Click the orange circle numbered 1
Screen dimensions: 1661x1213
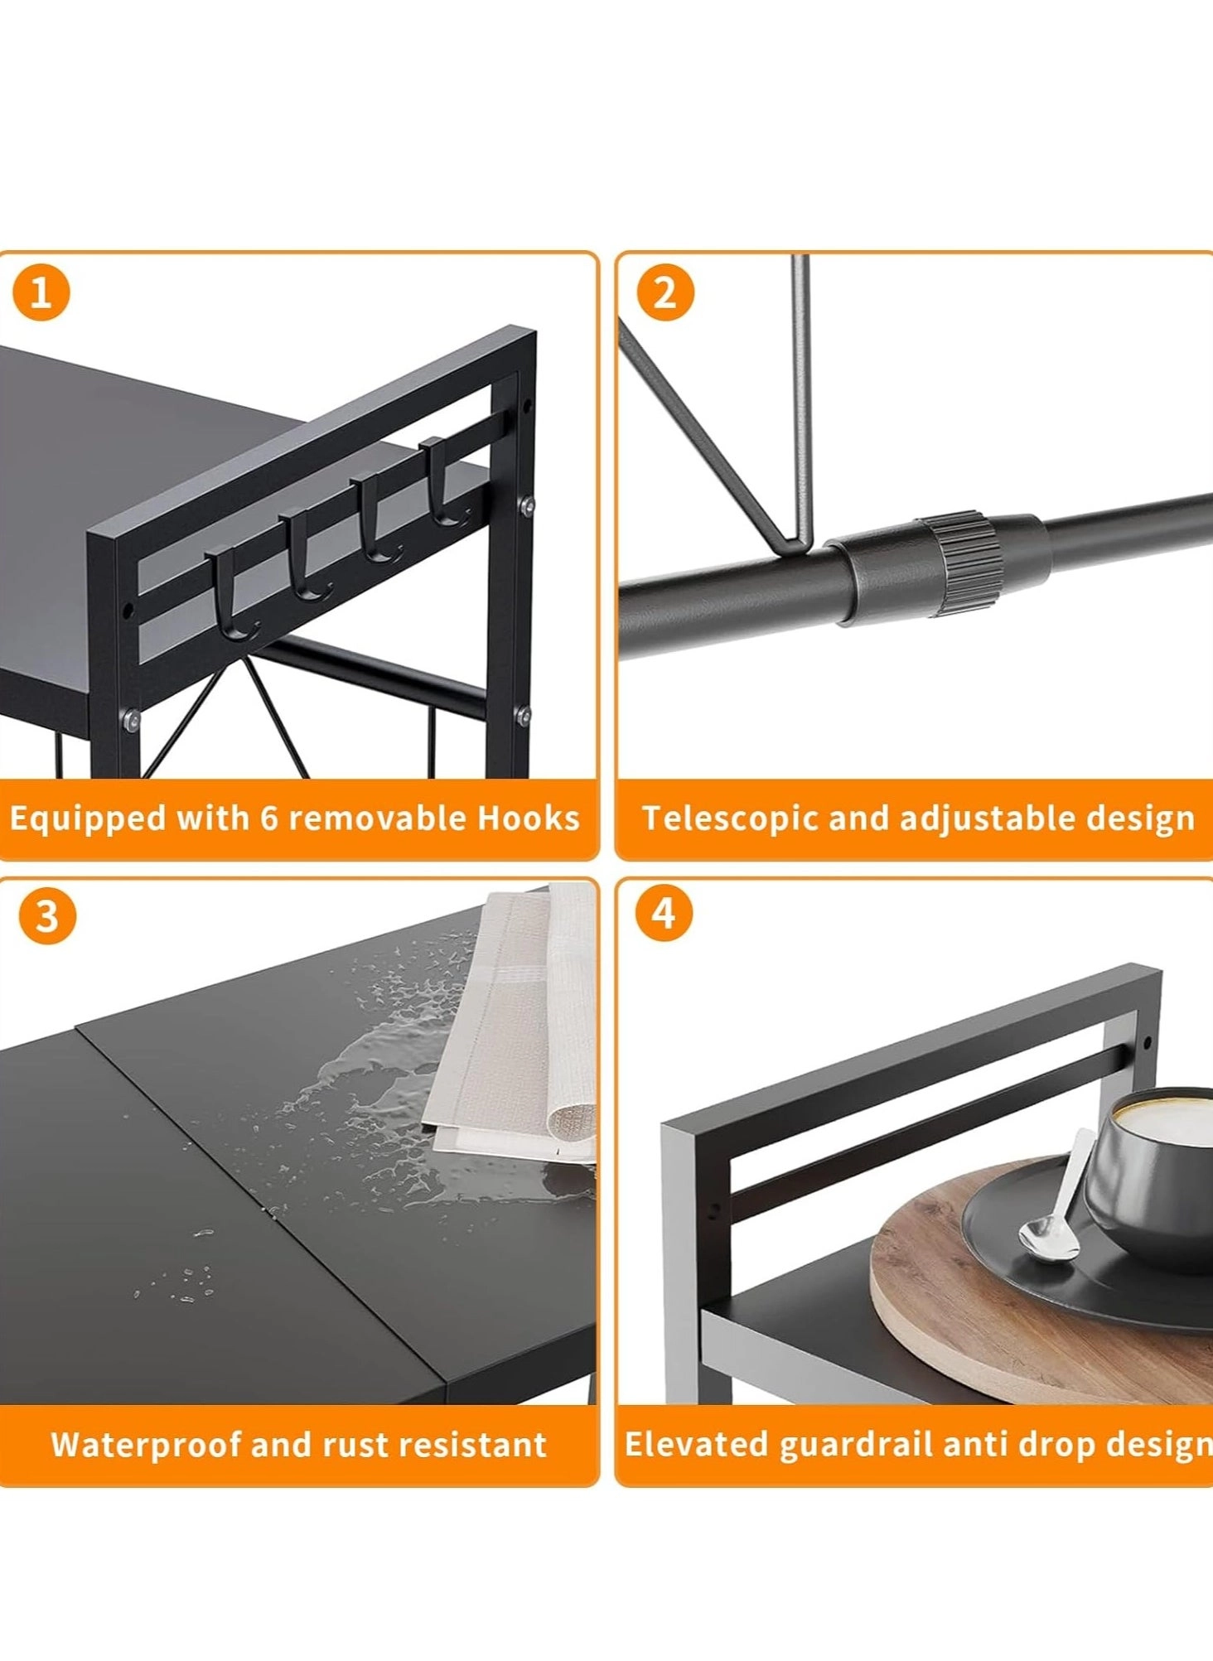(x=41, y=292)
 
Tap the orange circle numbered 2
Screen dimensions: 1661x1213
(x=664, y=292)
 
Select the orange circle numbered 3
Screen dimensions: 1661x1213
(x=46, y=916)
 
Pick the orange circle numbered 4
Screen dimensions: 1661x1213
(x=663, y=913)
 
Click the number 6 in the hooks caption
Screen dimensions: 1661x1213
(x=268, y=818)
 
